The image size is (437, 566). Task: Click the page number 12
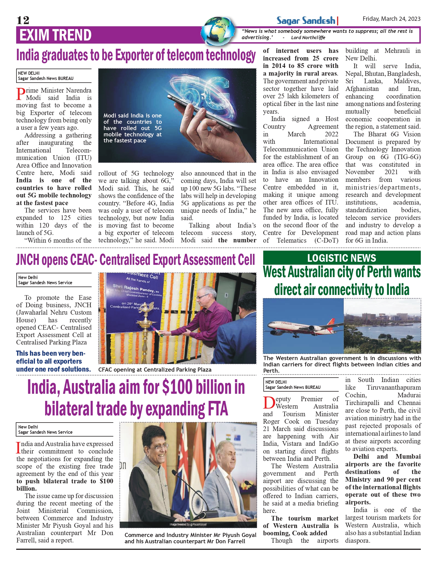point(23,20)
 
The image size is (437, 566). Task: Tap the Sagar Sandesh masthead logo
point(306,21)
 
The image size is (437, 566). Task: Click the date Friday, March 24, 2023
point(391,19)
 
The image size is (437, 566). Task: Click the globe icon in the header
point(218,30)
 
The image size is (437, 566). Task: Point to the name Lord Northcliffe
point(308,38)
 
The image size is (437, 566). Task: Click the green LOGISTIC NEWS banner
point(341,258)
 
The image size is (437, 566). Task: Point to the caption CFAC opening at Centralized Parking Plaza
point(155,370)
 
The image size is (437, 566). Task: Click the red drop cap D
point(269,403)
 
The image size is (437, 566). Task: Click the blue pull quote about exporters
point(53,361)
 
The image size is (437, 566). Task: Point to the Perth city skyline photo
point(382,326)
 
